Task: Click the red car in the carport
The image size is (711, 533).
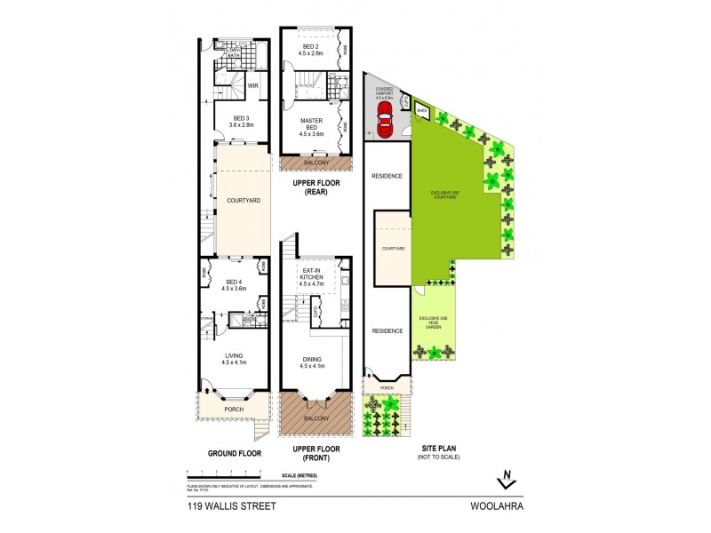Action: pos(385,119)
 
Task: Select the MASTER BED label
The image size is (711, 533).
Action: pos(310,125)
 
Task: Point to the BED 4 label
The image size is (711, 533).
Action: pos(234,284)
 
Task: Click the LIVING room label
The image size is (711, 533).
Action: pos(234,359)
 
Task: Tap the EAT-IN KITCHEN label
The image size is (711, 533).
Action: pos(310,278)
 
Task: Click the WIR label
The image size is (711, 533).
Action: pos(253,86)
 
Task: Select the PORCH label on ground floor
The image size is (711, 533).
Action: pos(235,410)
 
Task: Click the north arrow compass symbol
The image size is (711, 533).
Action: pos(506,478)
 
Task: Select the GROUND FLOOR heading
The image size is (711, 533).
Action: pos(234,453)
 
